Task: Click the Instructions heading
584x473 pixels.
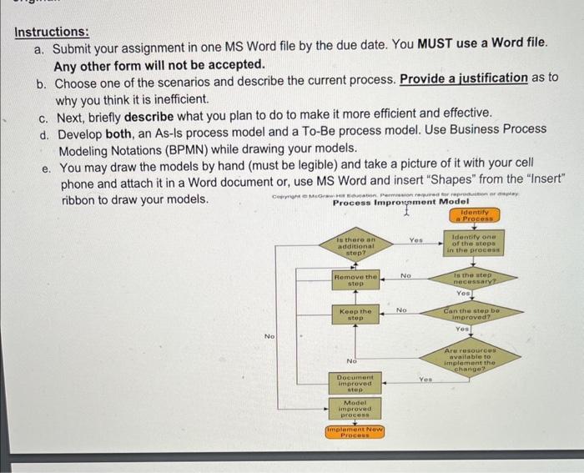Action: pyautogui.click(x=51, y=32)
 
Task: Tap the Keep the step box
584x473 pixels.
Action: pyautogui.click(x=355, y=314)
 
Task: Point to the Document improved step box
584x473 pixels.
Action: pyautogui.click(x=355, y=382)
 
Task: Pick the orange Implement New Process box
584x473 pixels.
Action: pyautogui.click(x=355, y=434)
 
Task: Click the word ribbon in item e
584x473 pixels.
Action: pyautogui.click(x=81, y=200)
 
